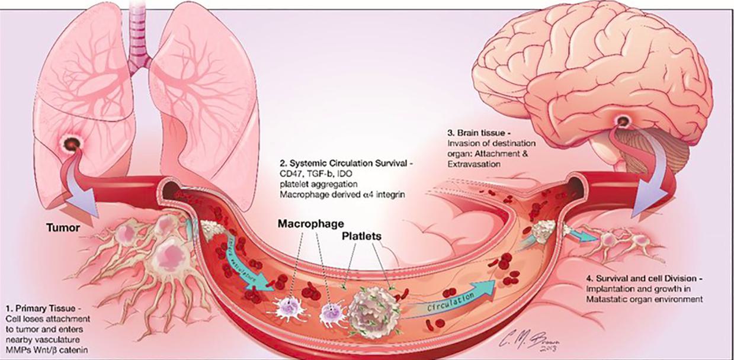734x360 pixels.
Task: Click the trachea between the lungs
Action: tap(137, 36)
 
